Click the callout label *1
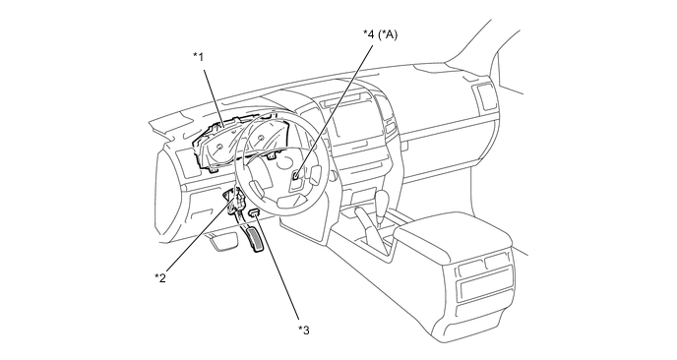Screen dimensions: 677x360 198,56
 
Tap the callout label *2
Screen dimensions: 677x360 160,278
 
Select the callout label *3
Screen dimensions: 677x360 304,330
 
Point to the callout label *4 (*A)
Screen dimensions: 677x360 380,34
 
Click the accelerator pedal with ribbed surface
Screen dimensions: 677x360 253,239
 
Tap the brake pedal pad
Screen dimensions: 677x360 223,241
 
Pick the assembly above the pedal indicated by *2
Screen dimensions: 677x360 234,200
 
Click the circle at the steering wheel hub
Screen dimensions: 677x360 285,161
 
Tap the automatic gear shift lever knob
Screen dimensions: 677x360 382,200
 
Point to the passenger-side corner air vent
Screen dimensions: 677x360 484,96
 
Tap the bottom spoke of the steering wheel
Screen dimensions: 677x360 290,198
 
